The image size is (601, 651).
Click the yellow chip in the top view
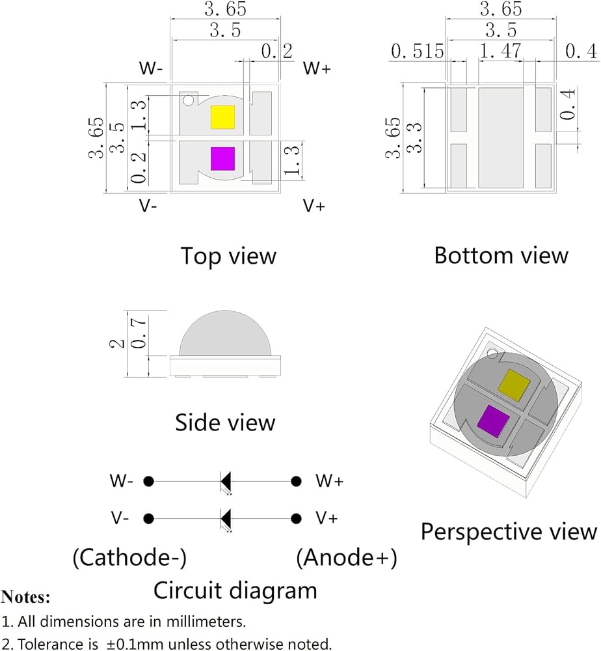[222, 117]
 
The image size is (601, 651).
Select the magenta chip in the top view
[222, 159]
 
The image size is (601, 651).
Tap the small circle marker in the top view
[189, 100]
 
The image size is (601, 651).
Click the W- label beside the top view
[151, 68]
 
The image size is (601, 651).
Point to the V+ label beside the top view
[314, 206]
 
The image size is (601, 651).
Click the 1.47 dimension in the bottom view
[500, 51]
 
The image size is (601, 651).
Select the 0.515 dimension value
[418, 51]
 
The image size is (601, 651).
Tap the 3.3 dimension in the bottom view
[414, 137]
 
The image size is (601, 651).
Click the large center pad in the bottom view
[501, 137]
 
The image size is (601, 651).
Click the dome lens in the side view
[225, 333]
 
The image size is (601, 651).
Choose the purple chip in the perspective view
[493, 421]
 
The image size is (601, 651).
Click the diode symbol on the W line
[226, 482]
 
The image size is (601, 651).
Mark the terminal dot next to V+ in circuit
[296, 519]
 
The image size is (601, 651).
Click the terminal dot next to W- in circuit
[148, 482]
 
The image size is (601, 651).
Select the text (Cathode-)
[129, 557]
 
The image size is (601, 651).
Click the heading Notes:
[26, 597]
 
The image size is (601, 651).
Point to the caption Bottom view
[501, 255]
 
